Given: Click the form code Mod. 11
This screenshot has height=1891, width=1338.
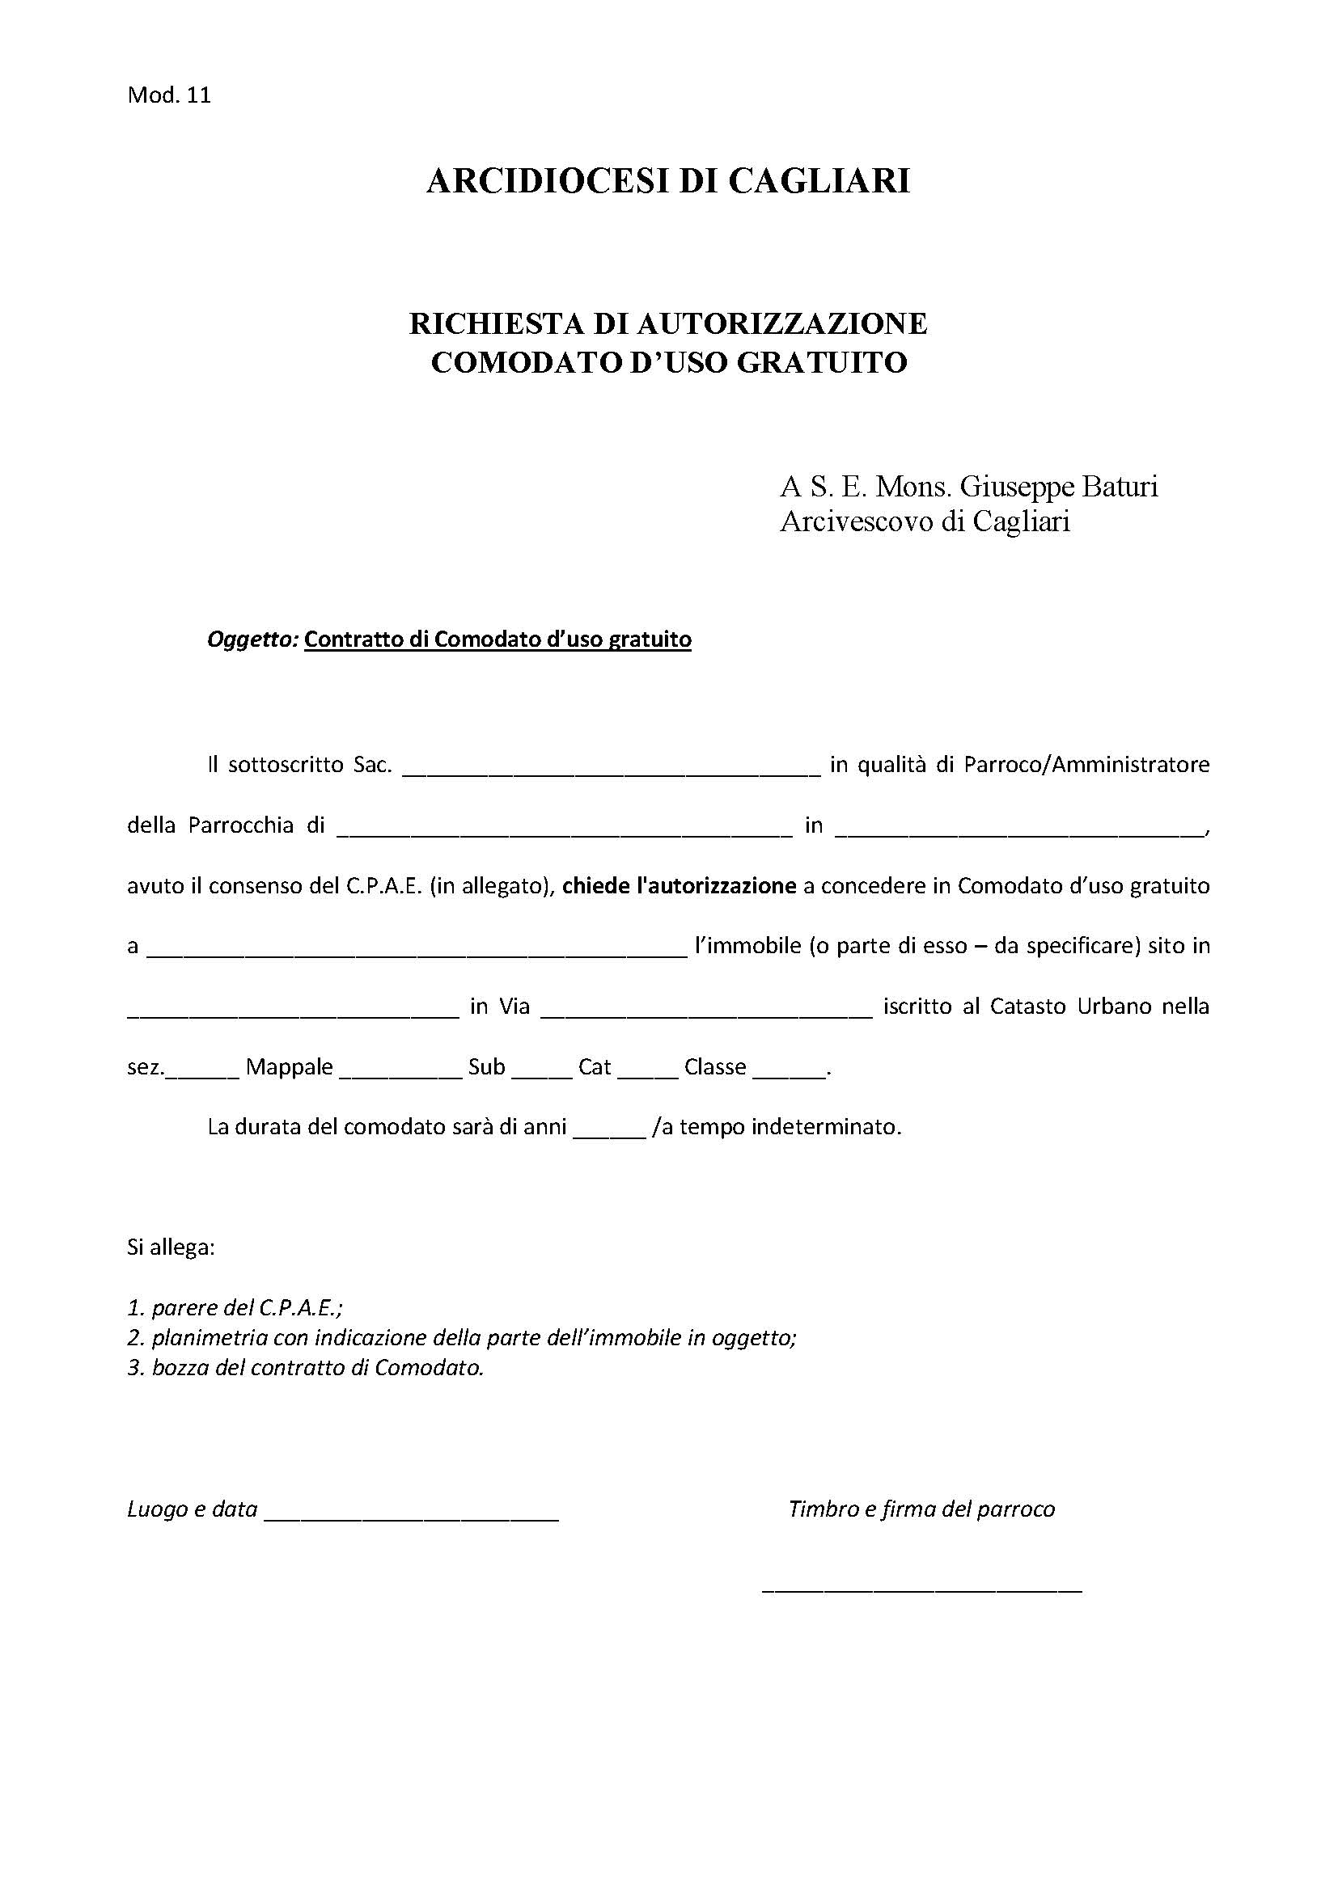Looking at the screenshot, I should pyautogui.click(x=169, y=95).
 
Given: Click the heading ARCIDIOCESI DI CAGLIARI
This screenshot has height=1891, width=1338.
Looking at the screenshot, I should pyautogui.click(x=667, y=181).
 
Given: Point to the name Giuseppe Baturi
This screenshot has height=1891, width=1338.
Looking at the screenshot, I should pyautogui.click(x=1059, y=487).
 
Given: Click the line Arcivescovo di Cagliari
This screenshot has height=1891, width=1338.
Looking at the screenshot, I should pyautogui.click(x=925, y=522).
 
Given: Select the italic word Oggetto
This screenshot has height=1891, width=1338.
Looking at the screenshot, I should pyautogui.click(x=251, y=639).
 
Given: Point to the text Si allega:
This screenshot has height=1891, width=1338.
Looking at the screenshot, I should pyautogui.click(x=171, y=1247).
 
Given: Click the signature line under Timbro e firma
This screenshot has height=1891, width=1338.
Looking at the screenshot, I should pyautogui.click(x=921, y=1588).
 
